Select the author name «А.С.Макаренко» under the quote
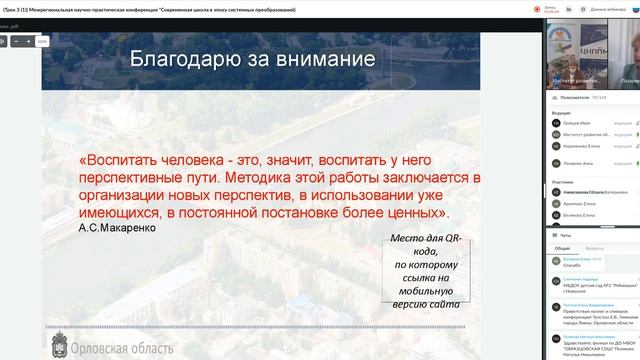click(116, 228)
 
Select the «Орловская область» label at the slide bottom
click(117, 346)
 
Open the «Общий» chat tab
click(564, 246)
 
